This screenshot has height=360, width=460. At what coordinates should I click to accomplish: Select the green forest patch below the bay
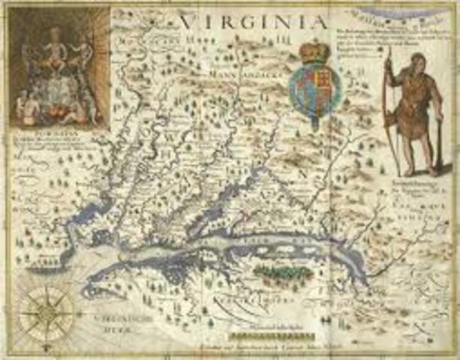pos(282,271)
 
